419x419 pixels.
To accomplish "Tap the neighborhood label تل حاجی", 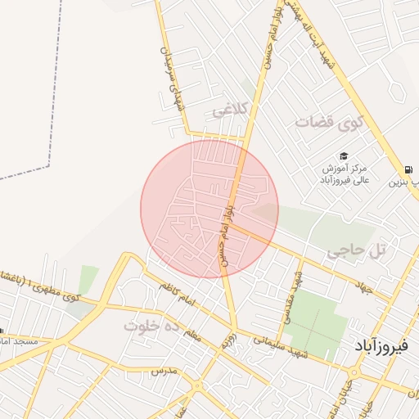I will pyautogui.click(x=356, y=253).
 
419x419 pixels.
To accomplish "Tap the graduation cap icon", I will pyautogui.click(x=344, y=156).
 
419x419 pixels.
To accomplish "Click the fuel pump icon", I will pyautogui.click(x=408, y=169).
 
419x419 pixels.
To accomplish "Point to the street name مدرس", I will pyautogui.click(x=164, y=371).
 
